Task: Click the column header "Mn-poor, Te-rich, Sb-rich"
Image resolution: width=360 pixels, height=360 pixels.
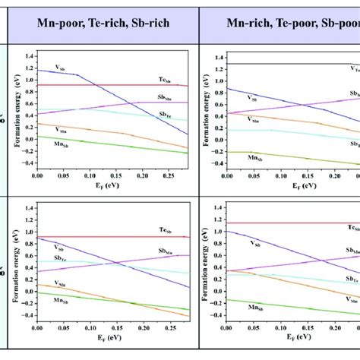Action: click(x=104, y=24)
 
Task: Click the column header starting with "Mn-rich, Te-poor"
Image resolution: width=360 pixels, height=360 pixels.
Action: click(x=291, y=24)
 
